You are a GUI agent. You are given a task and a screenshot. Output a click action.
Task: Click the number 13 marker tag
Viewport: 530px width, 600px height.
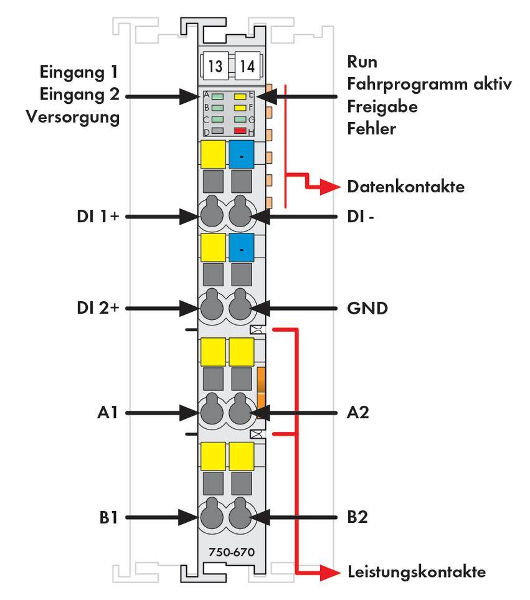click(214, 67)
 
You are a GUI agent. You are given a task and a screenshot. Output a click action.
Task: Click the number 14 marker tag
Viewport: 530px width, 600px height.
click(248, 67)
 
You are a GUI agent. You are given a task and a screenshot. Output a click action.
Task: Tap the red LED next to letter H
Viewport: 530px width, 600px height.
click(240, 131)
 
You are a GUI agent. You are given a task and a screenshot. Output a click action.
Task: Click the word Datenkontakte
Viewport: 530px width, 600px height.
click(405, 187)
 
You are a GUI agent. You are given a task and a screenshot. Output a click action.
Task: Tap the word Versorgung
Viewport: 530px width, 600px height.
click(73, 118)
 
